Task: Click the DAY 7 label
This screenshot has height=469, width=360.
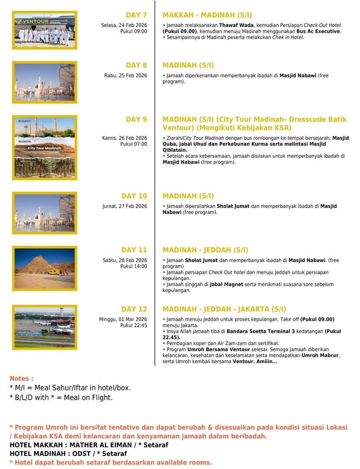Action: [136, 15]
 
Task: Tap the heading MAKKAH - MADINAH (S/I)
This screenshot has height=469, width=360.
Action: [201, 15]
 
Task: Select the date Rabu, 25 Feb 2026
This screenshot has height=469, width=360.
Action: [126, 76]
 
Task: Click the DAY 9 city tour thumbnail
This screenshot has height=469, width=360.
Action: [45, 147]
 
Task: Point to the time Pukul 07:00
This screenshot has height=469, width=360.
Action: [134, 144]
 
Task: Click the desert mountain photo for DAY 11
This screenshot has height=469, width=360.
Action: [45, 268]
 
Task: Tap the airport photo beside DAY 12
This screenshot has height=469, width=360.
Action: [45, 327]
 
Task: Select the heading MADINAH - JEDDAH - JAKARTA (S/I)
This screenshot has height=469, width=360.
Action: [224, 309]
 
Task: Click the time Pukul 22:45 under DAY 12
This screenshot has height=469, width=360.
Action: [134, 326]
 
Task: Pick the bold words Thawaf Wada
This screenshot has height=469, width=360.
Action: [237, 25]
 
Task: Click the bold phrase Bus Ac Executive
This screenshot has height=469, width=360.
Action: [318, 31]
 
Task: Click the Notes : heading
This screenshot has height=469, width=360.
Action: [22, 379]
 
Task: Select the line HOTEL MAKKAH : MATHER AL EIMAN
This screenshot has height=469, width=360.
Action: [89, 445]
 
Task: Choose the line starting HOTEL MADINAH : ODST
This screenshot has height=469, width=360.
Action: [68, 454]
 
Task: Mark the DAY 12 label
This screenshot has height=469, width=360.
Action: [134, 309]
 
